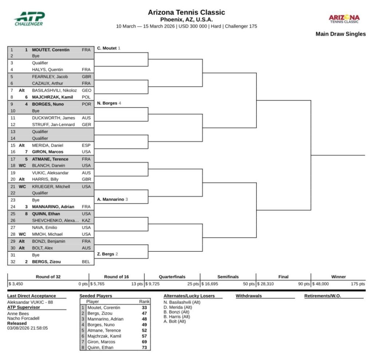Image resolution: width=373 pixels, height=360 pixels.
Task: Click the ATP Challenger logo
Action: (29, 19)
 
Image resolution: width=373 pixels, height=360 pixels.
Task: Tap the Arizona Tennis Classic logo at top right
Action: (344, 19)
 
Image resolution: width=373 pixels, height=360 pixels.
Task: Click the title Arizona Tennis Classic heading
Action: (186, 12)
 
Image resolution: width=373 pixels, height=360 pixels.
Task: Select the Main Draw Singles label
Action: (341, 34)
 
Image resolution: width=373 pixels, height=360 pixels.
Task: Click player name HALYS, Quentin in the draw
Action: (47, 70)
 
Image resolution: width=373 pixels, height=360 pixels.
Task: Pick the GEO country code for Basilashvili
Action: (86, 90)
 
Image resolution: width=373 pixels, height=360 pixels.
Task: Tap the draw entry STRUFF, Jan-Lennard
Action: (53, 125)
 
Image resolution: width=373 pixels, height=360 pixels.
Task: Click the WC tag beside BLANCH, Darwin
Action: (22, 166)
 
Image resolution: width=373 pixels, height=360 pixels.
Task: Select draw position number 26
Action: (12, 220)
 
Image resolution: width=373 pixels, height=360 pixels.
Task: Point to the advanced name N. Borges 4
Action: (109, 103)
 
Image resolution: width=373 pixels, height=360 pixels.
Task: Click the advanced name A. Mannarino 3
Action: (113, 200)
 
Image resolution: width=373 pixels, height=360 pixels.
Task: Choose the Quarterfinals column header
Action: (172, 277)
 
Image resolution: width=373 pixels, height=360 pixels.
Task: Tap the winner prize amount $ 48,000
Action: (320, 284)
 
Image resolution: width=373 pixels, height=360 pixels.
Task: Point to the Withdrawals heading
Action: (248, 296)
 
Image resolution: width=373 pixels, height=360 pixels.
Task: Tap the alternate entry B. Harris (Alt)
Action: (177, 316)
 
